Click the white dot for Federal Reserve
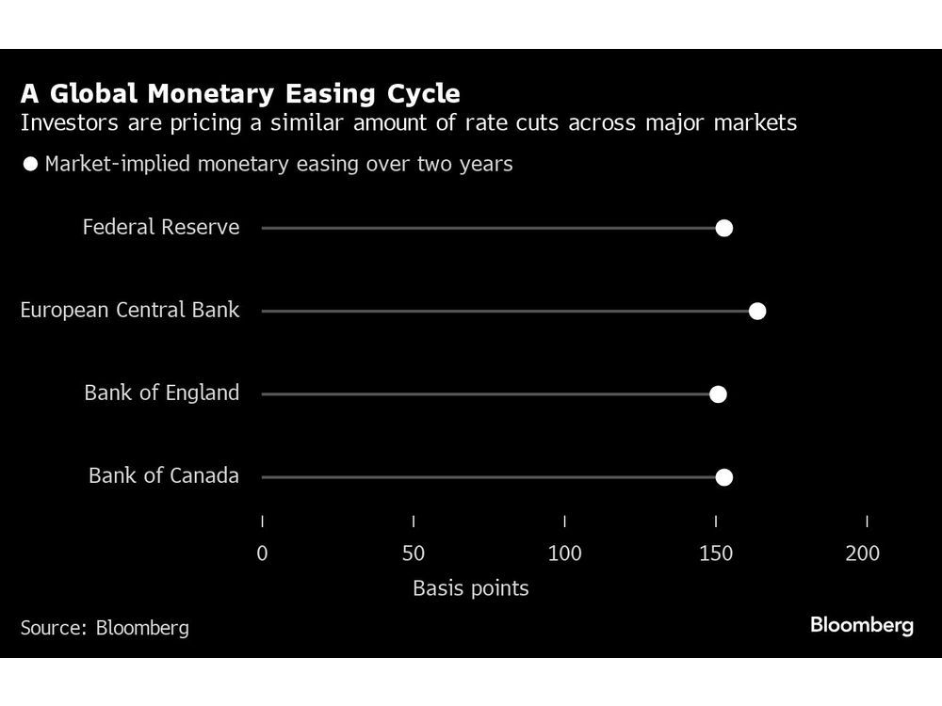pyautogui.click(x=723, y=228)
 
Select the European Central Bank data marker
pyautogui.click(x=756, y=311)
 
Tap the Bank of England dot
pyautogui.click(x=718, y=393)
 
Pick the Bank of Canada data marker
pyautogui.click(x=723, y=477)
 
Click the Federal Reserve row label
pyautogui.click(x=161, y=228)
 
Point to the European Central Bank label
pyautogui.click(x=130, y=311)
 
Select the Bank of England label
pyautogui.click(x=161, y=393)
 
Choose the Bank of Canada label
pyautogui.click(x=164, y=476)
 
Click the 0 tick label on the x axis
pyautogui.click(x=262, y=554)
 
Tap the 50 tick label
pyautogui.click(x=414, y=554)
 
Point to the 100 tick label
pyautogui.click(x=564, y=554)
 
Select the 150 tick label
pyautogui.click(x=716, y=554)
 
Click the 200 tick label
pyautogui.click(x=862, y=554)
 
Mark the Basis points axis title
pyautogui.click(x=470, y=589)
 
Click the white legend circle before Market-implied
pyautogui.click(x=30, y=165)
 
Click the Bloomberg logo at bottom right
pyautogui.click(x=861, y=625)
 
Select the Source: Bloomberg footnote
pyautogui.click(x=105, y=628)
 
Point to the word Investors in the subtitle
pyautogui.click(x=62, y=123)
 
